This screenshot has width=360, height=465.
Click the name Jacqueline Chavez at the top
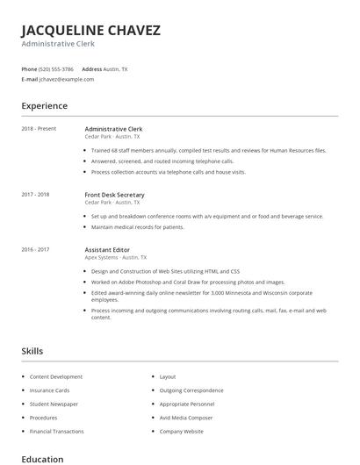90,31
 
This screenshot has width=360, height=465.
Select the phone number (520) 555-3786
56,68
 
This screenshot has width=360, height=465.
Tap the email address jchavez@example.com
67,79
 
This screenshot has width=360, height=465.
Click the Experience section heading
44,106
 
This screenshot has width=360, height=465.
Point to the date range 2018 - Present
39,129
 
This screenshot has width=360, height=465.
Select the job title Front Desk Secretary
114,195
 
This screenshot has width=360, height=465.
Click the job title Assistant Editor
106,250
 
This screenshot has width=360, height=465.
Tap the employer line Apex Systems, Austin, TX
116,258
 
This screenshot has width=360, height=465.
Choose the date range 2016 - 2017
35,250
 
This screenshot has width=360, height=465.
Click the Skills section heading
32,351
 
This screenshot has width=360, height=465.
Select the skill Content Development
55,376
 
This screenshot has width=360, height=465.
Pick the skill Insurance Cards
49,390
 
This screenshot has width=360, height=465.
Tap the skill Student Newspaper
54,404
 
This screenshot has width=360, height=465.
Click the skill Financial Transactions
56,432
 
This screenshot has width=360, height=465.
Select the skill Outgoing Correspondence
191,390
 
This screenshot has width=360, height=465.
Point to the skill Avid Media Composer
186,418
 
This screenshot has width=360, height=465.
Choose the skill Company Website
181,432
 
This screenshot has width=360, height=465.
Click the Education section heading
42,459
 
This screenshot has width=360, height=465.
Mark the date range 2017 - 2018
35,195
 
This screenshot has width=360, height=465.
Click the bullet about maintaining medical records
137,227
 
